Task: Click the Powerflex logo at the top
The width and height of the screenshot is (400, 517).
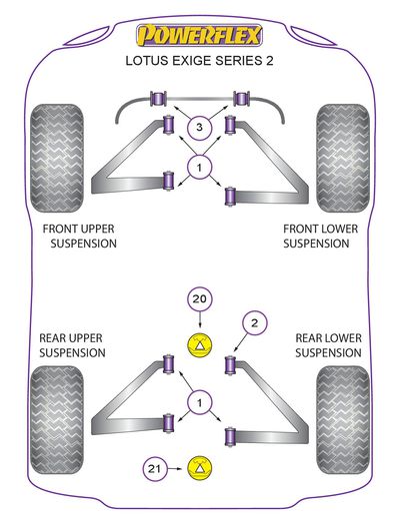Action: point(199,35)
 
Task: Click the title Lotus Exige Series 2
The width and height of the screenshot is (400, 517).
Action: point(199,61)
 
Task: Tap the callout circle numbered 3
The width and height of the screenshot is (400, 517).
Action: point(199,127)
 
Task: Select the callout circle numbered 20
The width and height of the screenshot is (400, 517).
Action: point(200,299)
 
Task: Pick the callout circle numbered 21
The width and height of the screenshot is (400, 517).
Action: point(155,469)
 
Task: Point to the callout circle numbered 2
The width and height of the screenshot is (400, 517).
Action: point(255,322)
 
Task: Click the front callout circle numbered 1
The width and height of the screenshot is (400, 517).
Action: point(199,167)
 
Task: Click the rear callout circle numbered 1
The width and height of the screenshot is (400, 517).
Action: point(199,403)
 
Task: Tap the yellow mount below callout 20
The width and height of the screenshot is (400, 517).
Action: point(199,345)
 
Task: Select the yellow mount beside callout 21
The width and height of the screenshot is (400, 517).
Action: point(199,468)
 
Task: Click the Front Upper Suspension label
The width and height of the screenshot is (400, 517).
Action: point(80,236)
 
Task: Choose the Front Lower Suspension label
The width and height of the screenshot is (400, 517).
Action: point(320,236)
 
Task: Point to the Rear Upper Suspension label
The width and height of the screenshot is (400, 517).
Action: point(72,345)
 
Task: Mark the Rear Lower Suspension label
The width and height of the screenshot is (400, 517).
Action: point(328,345)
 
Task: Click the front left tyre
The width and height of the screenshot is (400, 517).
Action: point(57,158)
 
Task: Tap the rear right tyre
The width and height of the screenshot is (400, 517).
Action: point(343,420)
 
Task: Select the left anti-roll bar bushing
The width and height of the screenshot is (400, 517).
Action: point(159,99)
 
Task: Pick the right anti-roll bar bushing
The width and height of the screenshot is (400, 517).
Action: point(242,99)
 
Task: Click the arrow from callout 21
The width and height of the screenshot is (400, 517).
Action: point(175,469)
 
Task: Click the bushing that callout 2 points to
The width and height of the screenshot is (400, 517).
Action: point(230,365)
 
